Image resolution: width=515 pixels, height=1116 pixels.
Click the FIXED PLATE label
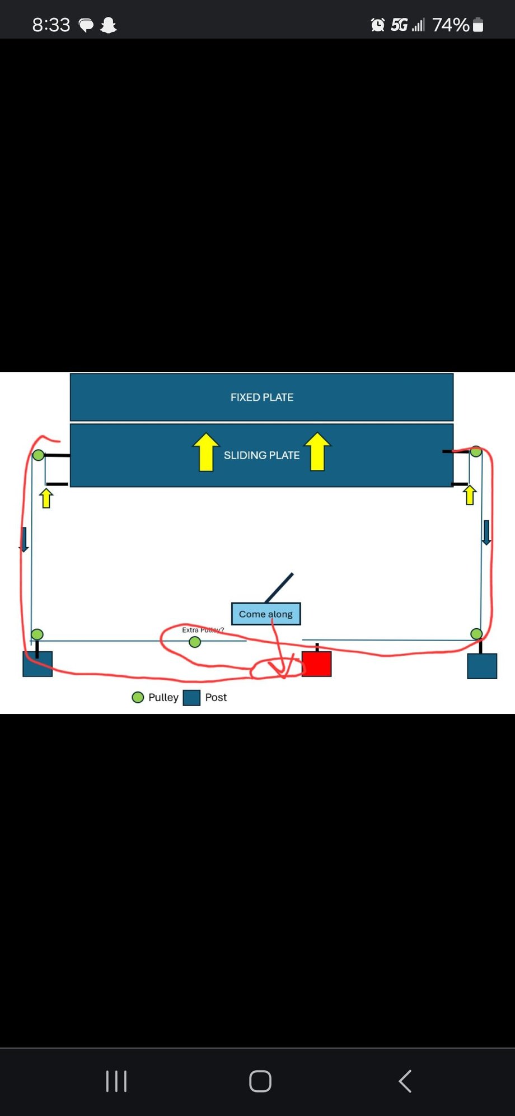[x=261, y=397]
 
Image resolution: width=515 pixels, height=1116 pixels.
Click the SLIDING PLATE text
[x=261, y=455]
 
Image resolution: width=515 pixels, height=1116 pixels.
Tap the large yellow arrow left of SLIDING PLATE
[x=206, y=452]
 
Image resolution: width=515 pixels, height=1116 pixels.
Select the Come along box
[x=266, y=614]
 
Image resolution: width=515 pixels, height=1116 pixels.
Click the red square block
[x=316, y=664]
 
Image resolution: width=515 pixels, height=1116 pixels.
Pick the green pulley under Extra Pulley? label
[x=195, y=642]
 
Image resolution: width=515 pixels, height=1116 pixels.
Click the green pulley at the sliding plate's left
[x=38, y=455]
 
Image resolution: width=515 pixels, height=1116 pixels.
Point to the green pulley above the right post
[x=476, y=634]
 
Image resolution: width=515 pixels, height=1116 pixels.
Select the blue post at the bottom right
[x=482, y=666]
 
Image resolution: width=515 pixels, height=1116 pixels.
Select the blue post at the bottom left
[x=38, y=664]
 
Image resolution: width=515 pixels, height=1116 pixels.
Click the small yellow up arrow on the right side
[x=470, y=495]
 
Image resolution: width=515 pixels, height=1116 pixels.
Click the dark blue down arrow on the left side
[x=24, y=539]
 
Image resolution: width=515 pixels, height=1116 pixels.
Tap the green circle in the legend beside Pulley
[x=138, y=697]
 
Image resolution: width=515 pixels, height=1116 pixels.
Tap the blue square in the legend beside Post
[x=191, y=698]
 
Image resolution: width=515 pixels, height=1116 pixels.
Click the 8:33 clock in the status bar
[x=51, y=25]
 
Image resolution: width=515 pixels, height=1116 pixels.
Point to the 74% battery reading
[x=450, y=25]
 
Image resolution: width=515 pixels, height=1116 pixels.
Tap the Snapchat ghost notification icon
[x=108, y=25]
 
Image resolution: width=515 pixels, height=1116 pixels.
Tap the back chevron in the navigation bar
[x=405, y=1081]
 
